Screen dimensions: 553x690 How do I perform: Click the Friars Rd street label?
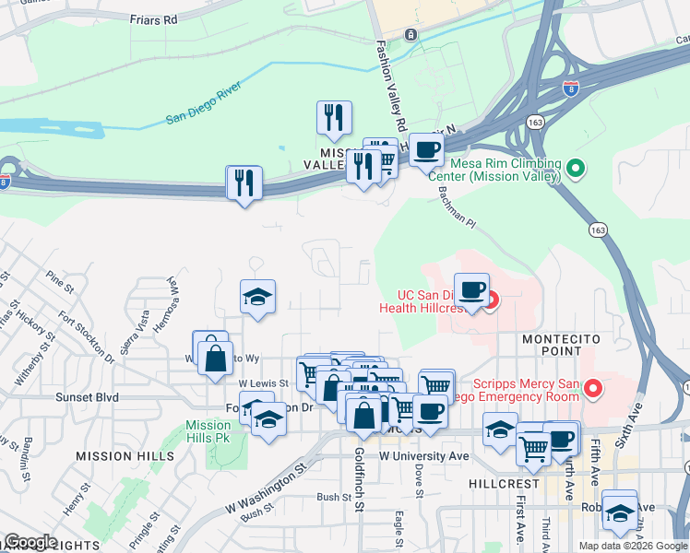click(153, 19)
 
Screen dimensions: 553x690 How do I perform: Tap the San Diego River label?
click(203, 104)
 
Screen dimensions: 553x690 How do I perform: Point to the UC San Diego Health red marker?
click(492, 300)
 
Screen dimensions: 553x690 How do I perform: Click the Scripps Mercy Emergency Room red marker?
click(592, 390)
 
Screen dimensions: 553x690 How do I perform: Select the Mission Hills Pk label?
click(208, 431)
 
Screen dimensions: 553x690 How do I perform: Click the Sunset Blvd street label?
click(88, 397)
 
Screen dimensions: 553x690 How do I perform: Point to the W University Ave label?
click(423, 455)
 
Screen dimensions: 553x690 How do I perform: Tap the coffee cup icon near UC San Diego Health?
click(471, 289)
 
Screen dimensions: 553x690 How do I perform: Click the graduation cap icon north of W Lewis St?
click(257, 297)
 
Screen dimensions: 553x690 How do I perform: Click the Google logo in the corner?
click(30, 543)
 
